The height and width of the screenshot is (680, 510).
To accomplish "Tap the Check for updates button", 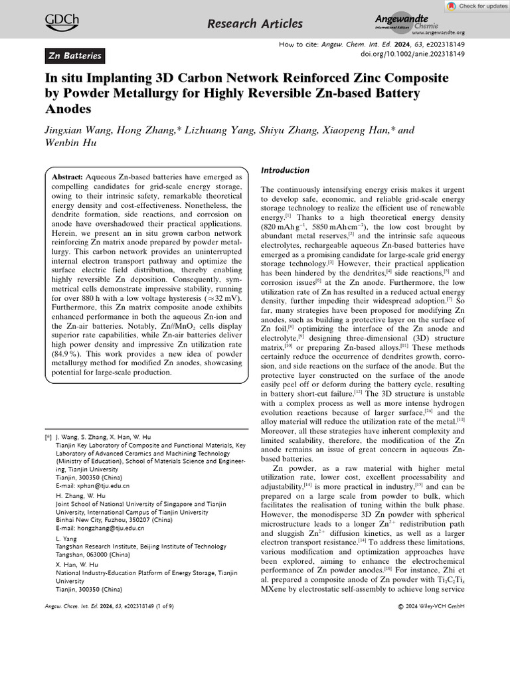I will (476, 6).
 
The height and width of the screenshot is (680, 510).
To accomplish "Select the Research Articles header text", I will (255, 24).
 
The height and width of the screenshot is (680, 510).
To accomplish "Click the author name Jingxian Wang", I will (79, 131).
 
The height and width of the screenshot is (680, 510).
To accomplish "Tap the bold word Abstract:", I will (67, 178).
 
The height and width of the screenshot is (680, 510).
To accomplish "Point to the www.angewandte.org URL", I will (438, 32).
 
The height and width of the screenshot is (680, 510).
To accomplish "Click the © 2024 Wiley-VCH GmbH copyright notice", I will (430, 606).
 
